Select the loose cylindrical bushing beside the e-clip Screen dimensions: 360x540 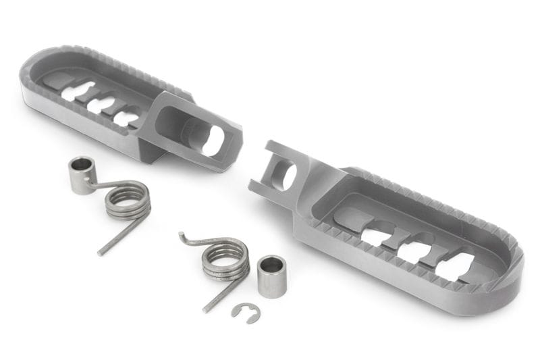272,276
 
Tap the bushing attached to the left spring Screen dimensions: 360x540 82,175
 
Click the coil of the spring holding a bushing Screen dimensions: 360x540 128,201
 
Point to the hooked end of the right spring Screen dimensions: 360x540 186,237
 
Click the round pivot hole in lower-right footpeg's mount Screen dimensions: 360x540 286,177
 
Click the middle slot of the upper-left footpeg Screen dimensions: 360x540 101,105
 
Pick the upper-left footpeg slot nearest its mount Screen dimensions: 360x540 127,119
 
